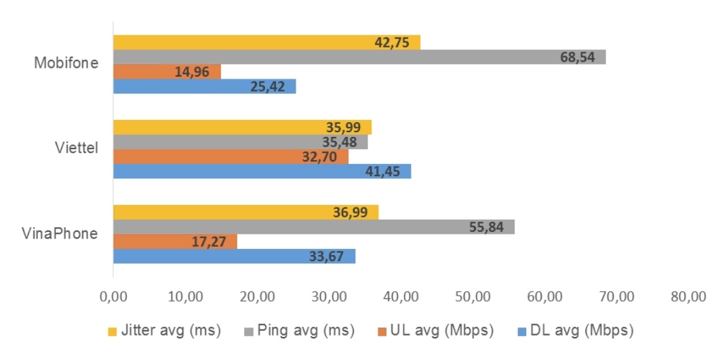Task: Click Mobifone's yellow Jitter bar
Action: (x=266, y=42)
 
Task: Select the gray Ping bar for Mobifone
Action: (x=359, y=57)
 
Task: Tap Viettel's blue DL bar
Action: (x=262, y=172)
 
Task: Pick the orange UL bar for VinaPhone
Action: (x=175, y=241)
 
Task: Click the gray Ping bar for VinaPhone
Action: (x=313, y=227)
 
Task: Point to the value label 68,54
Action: (x=578, y=57)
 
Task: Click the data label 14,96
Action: (x=192, y=71)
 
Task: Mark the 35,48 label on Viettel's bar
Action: (x=339, y=142)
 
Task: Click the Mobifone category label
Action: (x=66, y=64)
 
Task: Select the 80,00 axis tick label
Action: (x=689, y=296)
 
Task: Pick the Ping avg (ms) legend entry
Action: (x=298, y=331)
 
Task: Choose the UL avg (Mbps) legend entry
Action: (x=434, y=331)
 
